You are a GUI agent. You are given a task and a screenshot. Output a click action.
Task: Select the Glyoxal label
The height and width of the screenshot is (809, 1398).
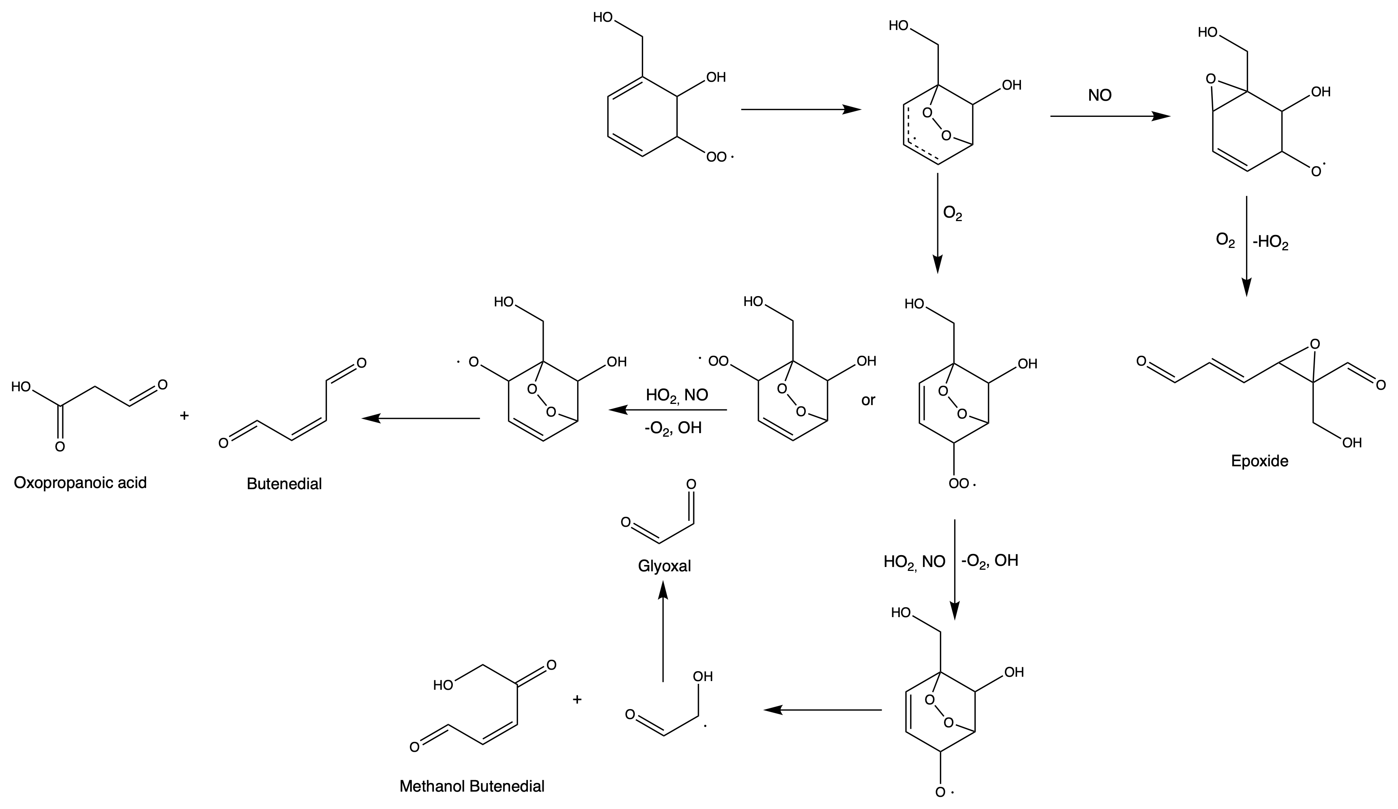tap(664, 566)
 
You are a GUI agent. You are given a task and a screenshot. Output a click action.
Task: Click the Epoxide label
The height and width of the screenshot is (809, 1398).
tap(1259, 461)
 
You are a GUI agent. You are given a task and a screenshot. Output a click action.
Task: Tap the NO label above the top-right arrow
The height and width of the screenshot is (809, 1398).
tap(1100, 96)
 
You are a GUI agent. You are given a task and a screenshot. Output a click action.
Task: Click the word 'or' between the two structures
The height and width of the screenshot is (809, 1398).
tap(868, 400)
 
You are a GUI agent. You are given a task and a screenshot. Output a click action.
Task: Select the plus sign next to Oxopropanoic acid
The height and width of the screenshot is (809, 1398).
tap(185, 415)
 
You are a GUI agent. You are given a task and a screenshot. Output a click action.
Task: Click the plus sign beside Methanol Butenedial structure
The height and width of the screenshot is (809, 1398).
tap(577, 699)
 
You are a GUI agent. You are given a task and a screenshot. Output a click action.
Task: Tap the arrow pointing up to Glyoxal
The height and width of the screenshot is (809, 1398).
tap(663, 633)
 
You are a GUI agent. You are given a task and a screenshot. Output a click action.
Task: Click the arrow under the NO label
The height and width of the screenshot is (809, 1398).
tap(1109, 116)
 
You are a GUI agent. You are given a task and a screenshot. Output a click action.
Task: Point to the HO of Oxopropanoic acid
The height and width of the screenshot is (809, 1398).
tap(21, 387)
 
